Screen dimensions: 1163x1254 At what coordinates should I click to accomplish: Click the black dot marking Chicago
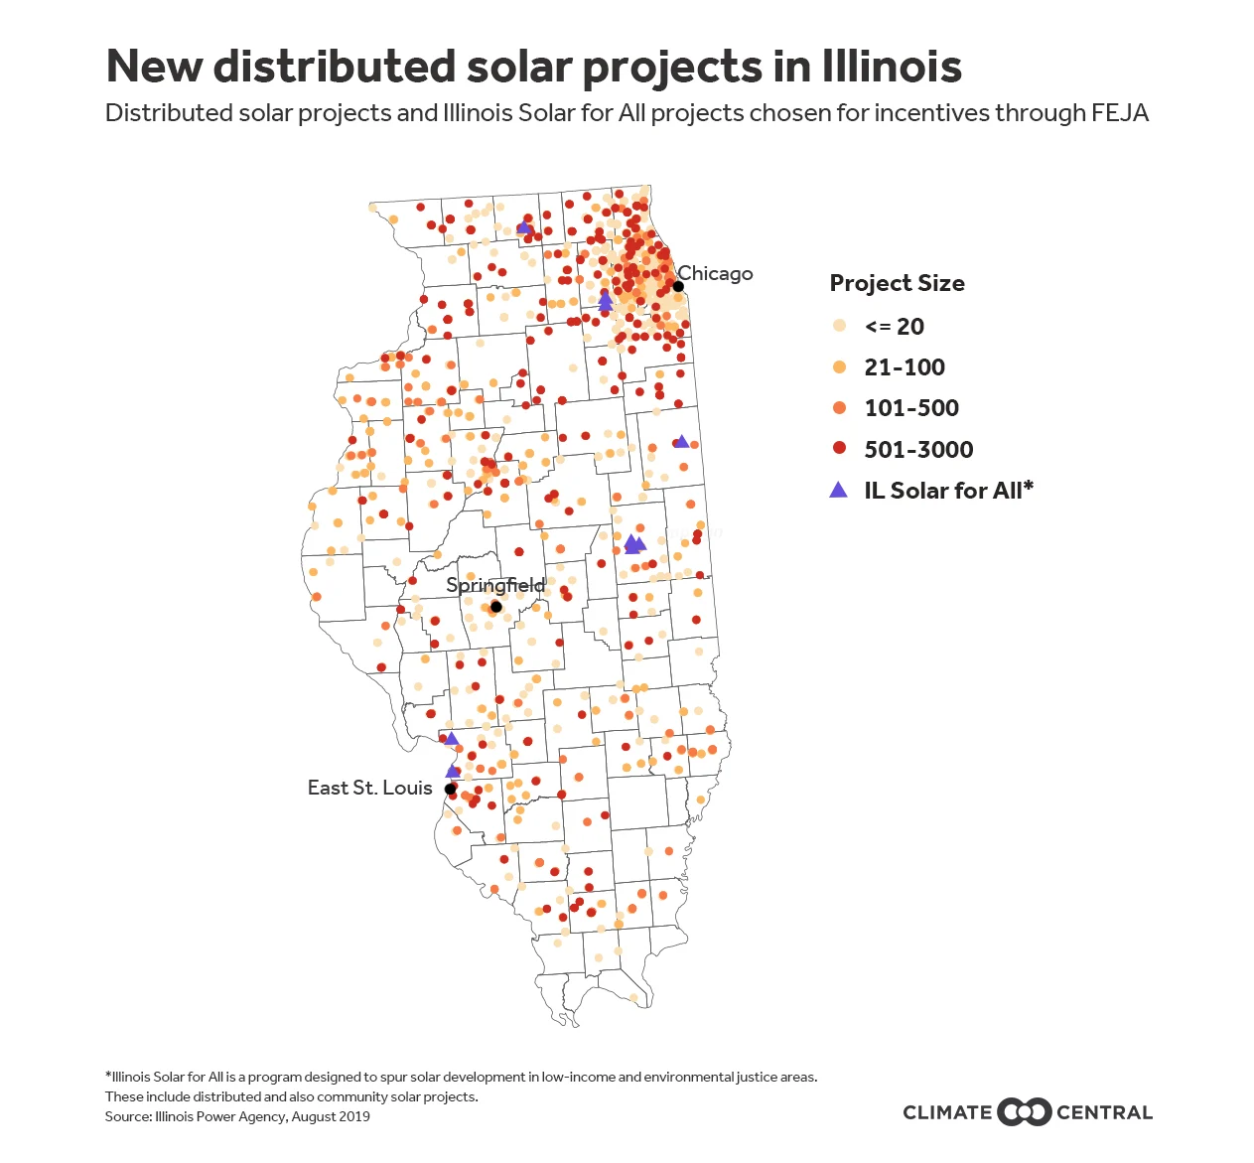(x=678, y=286)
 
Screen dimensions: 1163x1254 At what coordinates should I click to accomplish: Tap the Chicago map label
(x=715, y=273)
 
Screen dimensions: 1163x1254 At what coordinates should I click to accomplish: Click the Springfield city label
(x=495, y=584)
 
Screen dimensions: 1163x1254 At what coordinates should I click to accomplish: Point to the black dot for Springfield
(x=496, y=607)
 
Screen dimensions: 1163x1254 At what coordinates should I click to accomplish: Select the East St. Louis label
(x=369, y=788)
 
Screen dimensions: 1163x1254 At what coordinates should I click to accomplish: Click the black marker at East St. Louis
(x=450, y=789)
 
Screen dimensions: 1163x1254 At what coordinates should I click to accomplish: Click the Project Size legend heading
(x=897, y=283)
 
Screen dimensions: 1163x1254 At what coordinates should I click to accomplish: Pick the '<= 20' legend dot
(x=840, y=326)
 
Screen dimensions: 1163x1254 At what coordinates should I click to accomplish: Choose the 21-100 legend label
(x=905, y=367)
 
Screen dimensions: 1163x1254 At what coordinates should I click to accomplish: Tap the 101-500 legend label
(x=911, y=408)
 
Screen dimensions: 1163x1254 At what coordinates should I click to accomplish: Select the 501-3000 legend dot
(x=840, y=449)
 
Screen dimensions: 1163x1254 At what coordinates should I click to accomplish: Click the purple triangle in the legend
(x=839, y=490)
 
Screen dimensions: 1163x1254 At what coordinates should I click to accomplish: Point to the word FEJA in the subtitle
(x=1120, y=113)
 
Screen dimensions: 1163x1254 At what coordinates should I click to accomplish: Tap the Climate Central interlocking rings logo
(x=1024, y=1112)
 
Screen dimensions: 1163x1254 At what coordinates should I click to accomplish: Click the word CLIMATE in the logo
(x=947, y=1112)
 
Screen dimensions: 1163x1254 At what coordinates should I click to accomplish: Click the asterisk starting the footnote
(x=108, y=1076)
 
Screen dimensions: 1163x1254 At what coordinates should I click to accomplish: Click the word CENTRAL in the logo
(x=1104, y=1112)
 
